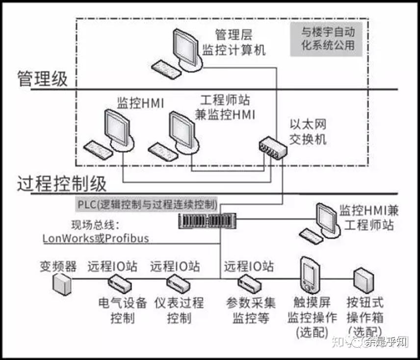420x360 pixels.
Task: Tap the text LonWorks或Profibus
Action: [x=96, y=239]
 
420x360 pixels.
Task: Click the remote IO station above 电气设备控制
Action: [x=119, y=282]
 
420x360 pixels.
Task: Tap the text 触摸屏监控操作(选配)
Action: [x=312, y=317]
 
